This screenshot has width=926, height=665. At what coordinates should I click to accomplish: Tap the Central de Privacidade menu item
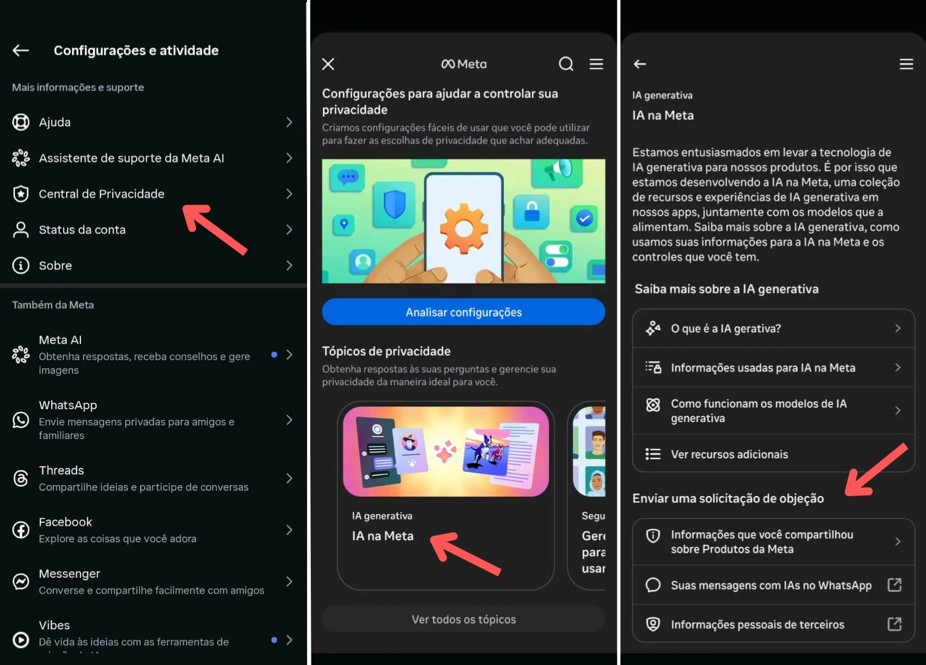(x=101, y=194)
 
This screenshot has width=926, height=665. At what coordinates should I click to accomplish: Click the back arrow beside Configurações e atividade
(x=21, y=51)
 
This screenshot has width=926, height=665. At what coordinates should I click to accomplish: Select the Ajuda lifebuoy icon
(x=21, y=122)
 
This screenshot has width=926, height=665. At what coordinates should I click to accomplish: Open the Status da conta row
(x=82, y=230)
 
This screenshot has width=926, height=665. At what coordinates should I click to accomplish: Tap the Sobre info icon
(x=21, y=265)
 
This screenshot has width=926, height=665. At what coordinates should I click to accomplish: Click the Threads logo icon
(x=21, y=479)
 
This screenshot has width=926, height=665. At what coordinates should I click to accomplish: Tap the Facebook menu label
(x=66, y=522)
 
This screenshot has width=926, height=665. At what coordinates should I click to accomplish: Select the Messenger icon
(x=21, y=581)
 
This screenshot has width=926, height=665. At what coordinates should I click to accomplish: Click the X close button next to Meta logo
(x=328, y=64)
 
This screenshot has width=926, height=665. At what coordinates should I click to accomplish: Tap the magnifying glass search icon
(x=566, y=64)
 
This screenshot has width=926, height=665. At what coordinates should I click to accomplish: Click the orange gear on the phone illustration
(x=463, y=228)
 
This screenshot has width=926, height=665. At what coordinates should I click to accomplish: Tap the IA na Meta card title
(x=382, y=536)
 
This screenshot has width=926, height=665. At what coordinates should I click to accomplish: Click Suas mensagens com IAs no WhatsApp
(x=771, y=586)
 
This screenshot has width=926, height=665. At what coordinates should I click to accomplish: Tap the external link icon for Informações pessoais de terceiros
(x=894, y=624)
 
